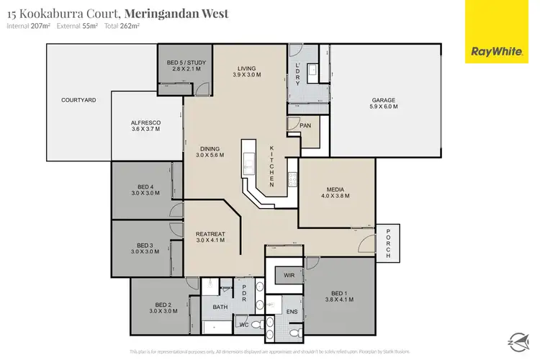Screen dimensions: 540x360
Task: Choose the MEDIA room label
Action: [336, 189]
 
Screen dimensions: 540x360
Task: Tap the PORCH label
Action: [387, 243]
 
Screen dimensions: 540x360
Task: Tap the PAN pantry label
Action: [305, 125]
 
